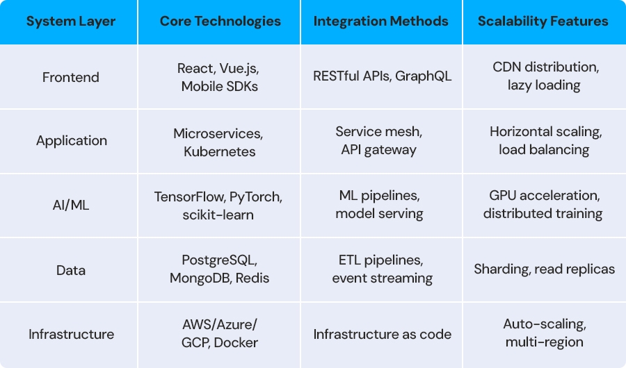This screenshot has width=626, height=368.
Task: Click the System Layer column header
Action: (71, 21)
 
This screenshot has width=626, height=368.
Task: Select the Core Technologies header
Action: (220, 21)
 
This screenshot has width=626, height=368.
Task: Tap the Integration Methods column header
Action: (381, 21)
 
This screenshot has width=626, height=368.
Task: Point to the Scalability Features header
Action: (543, 21)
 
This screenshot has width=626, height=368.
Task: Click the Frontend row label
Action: (71, 77)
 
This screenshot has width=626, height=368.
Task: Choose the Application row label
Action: (72, 141)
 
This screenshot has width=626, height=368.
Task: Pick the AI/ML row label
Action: (71, 205)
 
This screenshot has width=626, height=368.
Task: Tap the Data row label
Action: (71, 270)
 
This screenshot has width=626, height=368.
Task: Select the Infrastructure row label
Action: (71, 334)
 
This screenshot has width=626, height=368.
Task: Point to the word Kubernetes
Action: (220, 151)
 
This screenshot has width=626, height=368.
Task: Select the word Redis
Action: (252, 278)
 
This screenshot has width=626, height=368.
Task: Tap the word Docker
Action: (236, 342)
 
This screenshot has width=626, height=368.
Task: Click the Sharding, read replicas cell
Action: (544, 269)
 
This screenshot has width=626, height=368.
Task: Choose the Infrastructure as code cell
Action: (382, 334)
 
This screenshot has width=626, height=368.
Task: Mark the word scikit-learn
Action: (218, 215)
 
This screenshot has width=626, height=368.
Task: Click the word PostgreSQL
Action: (220, 260)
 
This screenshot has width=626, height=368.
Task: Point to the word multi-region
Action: (544, 342)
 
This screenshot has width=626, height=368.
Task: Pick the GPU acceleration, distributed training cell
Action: (543, 205)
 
